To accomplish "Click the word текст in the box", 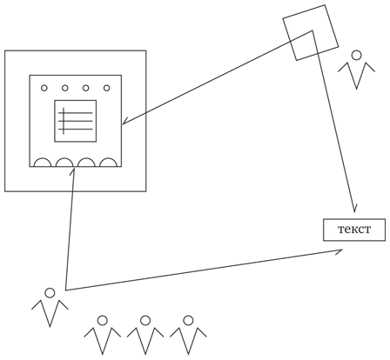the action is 354,230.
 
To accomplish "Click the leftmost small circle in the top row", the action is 44,88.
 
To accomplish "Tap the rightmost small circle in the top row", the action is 107,88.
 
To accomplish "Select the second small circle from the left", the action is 65,88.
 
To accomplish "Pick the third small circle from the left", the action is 86,88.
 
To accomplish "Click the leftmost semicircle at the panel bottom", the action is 43,159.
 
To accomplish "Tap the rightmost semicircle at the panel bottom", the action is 109,159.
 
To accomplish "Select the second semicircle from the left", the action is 64,159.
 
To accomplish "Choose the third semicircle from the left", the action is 86,159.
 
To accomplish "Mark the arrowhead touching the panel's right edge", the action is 124,122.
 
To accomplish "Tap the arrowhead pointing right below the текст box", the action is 340,251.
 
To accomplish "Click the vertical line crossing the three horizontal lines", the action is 64,121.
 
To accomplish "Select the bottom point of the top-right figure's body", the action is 356,89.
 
